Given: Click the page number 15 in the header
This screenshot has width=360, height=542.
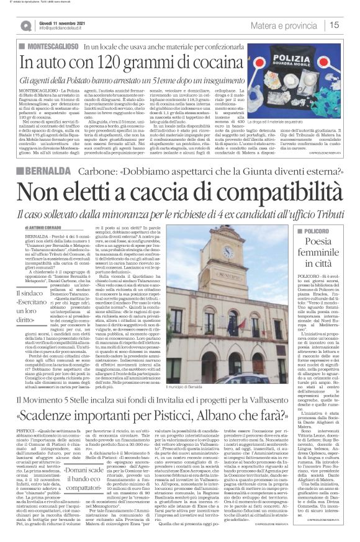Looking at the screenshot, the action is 334,25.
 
